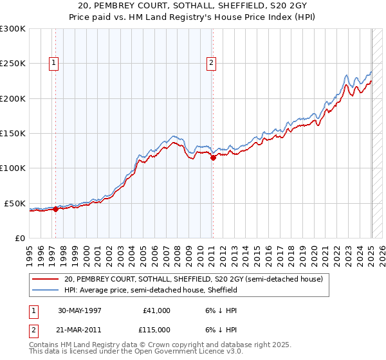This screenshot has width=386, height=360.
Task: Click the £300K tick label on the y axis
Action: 13,29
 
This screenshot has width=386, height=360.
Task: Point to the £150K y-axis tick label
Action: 13,134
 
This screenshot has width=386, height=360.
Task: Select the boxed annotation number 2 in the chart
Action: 211,63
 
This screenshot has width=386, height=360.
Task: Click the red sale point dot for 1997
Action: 56,209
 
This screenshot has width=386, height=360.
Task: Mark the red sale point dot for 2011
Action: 213,157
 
